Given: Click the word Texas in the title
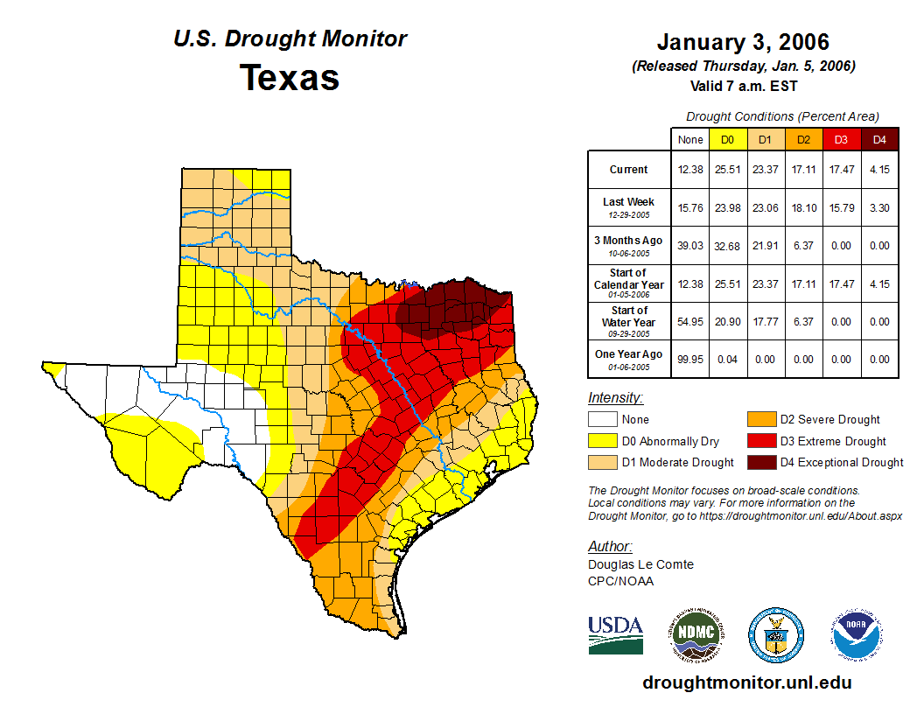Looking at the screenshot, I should (x=290, y=78).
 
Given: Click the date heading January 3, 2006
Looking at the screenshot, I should (x=743, y=42).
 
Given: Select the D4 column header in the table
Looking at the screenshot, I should (x=879, y=139).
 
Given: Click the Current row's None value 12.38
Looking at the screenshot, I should (x=690, y=170).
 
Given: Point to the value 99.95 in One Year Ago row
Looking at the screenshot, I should (x=690, y=359).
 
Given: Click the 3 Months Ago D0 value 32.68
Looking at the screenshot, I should (x=728, y=246).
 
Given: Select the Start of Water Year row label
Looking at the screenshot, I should (x=628, y=321).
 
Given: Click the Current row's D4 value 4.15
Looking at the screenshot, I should (x=879, y=170).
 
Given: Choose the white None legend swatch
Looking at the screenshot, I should (x=601, y=420).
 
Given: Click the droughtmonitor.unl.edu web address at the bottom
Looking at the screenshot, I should (x=746, y=682).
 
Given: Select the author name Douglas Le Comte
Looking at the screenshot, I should (x=640, y=564).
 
